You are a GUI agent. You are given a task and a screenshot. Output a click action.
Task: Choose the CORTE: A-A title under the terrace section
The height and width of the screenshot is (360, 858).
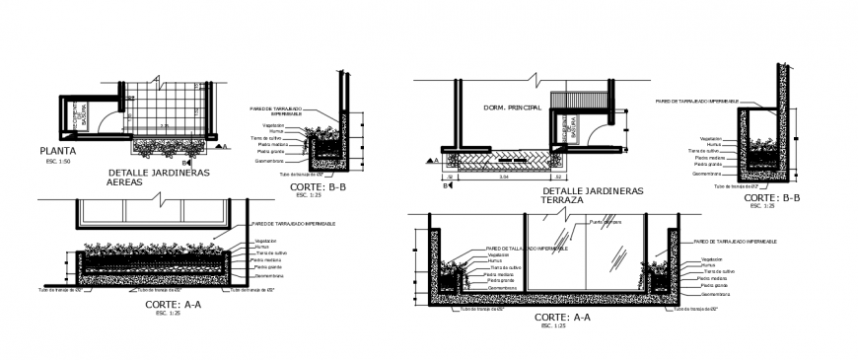(562, 317)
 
